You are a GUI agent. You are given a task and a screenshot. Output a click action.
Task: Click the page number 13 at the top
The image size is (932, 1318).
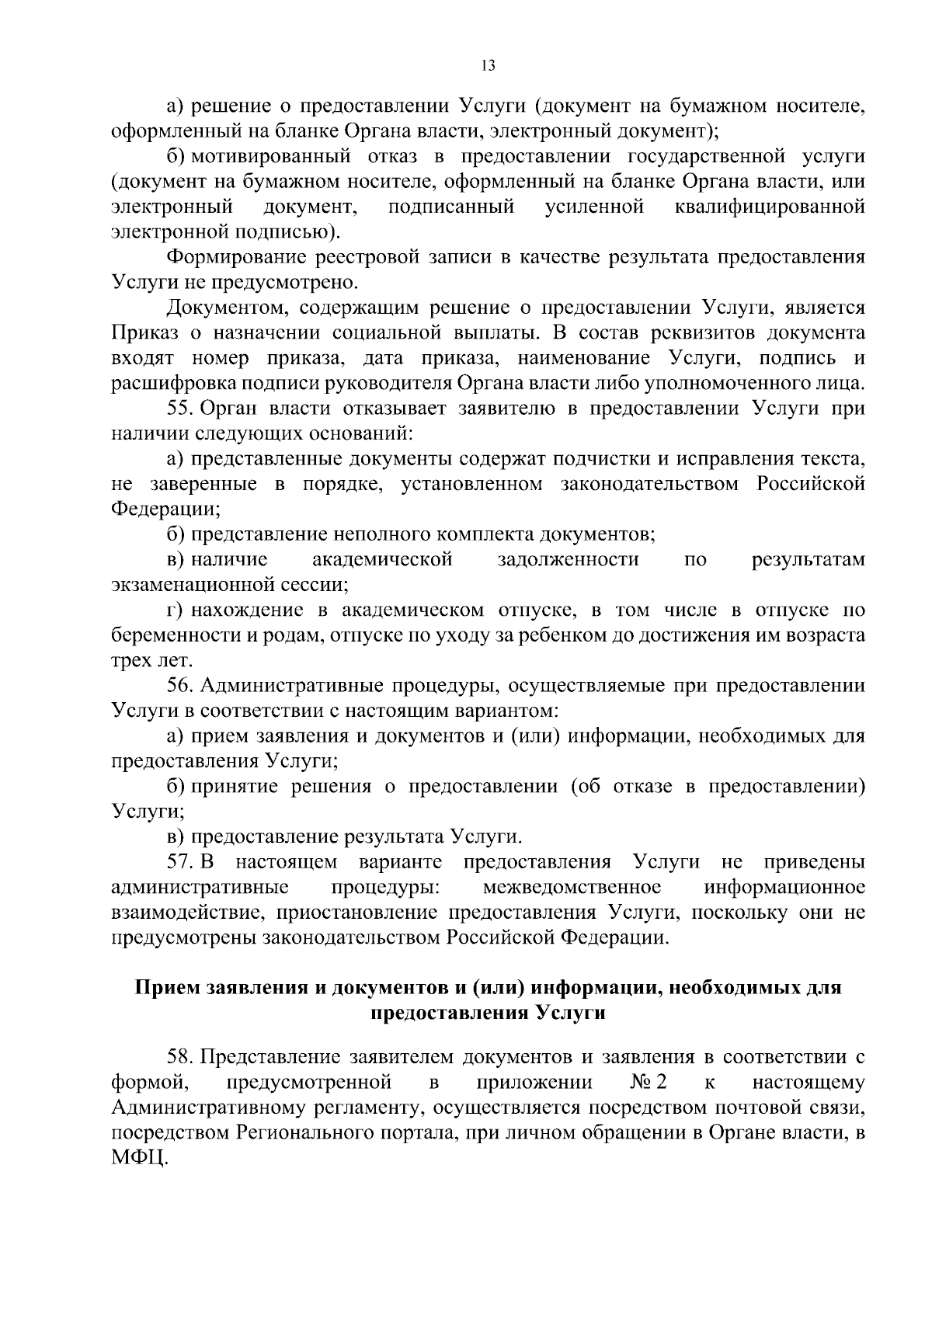click(489, 66)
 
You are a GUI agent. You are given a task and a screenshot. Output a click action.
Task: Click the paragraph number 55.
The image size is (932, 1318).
click(182, 409)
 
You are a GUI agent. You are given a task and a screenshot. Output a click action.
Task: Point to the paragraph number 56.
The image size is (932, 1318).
click(182, 686)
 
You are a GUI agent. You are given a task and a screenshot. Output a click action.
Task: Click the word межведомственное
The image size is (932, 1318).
click(572, 887)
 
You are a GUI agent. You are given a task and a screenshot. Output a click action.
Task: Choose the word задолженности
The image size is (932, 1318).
click(569, 559)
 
